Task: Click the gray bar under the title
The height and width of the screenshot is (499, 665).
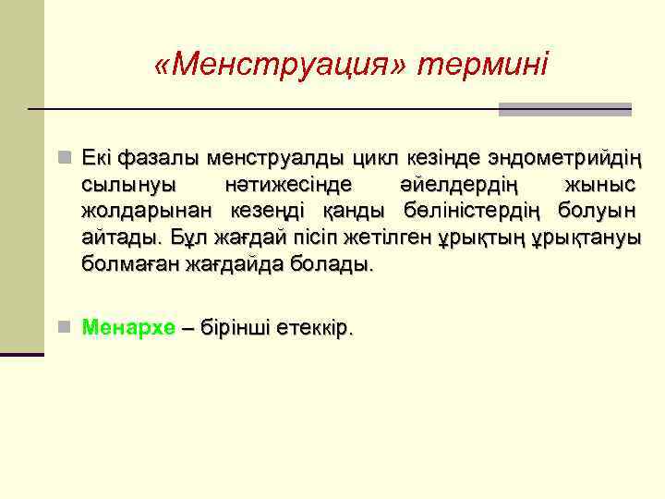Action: (x=564, y=109)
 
